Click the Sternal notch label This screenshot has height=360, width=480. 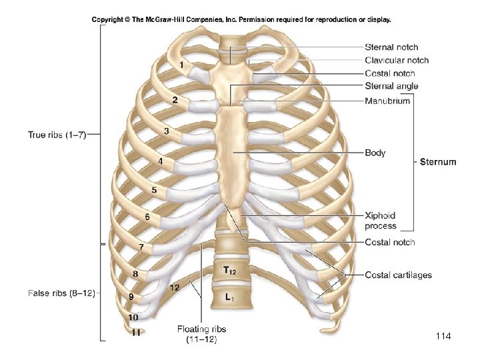(x=391, y=47)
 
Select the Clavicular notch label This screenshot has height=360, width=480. (x=397, y=60)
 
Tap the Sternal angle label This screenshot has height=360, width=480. (x=391, y=86)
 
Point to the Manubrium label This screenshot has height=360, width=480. (x=387, y=101)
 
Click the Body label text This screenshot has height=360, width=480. (x=375, y=153)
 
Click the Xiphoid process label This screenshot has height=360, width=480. (x=380, y=221)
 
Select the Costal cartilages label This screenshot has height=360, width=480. (x=398, y=275)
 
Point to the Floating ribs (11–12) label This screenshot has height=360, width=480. (x=197, y=333)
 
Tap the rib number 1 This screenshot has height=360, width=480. (x=181, y=65)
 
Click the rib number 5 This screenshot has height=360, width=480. (x=154, y=190)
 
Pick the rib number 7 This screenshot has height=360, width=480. (x=141, y=247)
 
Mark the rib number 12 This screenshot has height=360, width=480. (x=174, y=288)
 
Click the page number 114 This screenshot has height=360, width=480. (x=443, y=337)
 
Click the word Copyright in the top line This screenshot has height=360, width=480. (x=111, y=19)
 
